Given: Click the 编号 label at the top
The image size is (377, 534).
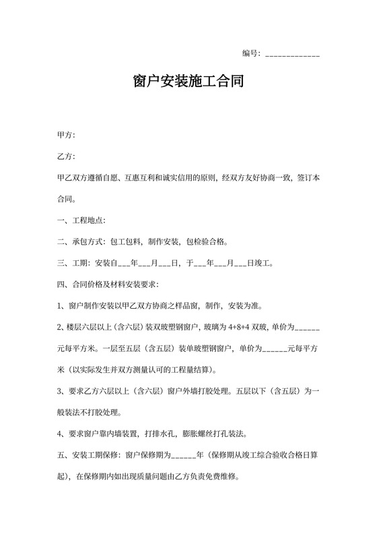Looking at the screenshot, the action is point(251,53).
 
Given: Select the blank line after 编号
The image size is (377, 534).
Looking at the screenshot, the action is point(293,55).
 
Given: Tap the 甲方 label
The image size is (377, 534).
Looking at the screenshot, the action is point(65,136).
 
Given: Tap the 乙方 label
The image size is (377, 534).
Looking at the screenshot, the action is point(65,157).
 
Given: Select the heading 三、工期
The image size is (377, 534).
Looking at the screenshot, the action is point(73,263).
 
